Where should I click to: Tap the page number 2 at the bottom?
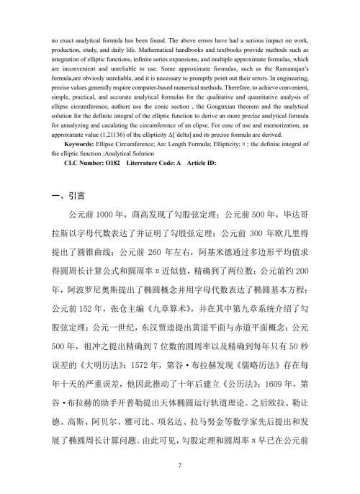pos(179,467)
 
